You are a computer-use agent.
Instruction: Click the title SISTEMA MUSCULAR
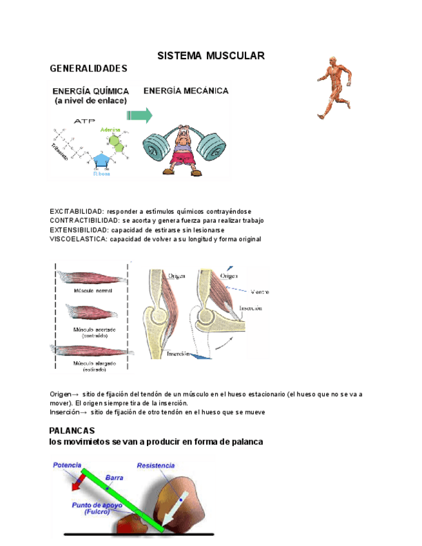click(211, 56)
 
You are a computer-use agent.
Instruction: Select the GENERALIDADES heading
click(88, 68)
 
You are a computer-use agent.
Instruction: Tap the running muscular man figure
click(333, 88)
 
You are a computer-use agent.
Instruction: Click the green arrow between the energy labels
click(139, 115)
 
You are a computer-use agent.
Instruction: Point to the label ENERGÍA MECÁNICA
click(186, 91)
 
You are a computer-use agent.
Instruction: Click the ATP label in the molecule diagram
click(84, 120)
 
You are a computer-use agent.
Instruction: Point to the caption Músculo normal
click(94, 291)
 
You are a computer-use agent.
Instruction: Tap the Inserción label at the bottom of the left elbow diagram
click(178, 353)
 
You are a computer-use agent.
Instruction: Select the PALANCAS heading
click(72, 430)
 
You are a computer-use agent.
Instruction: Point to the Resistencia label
click(156, 465)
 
